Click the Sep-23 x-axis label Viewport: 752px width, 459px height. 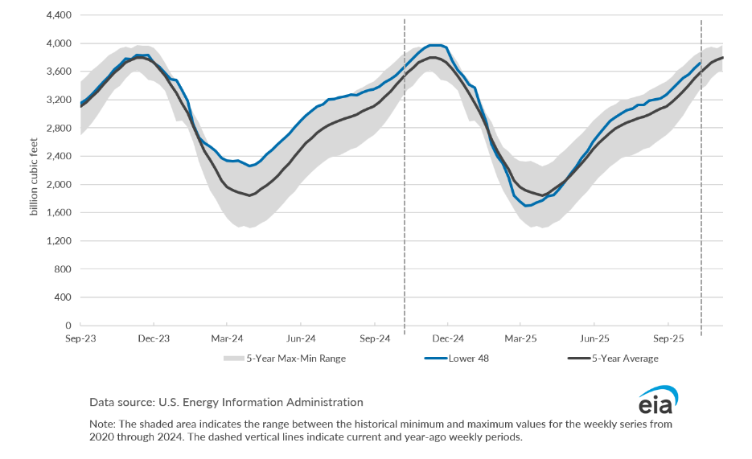click(80, 338)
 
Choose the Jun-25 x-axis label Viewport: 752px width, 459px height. click(594, 338)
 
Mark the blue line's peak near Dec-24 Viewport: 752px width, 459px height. click(435, 45)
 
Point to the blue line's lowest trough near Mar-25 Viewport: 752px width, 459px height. click(527, 206)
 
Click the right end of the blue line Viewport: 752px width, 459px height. click(701, 63)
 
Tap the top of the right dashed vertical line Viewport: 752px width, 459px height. click(701, 20)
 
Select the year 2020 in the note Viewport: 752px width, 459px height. click(101, 438)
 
